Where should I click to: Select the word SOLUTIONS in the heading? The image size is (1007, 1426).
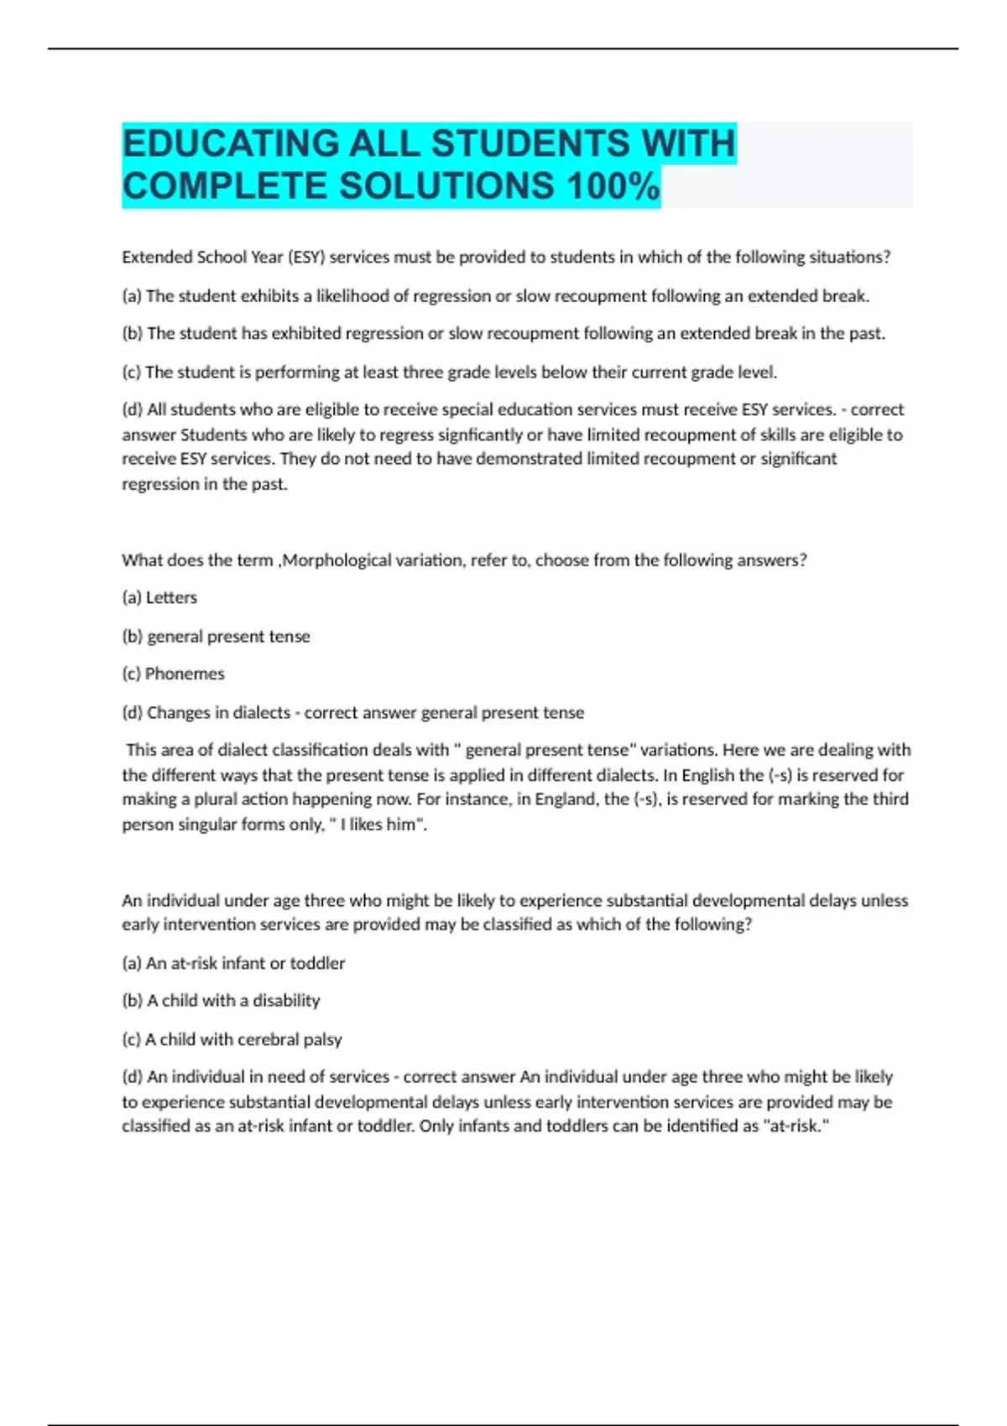(x=446, y=186)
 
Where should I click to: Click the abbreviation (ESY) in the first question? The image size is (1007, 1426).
(x=305, y=258)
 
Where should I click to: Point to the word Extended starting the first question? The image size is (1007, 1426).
(x=157, y=258)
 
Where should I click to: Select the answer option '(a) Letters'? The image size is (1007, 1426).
(x=159, y=598)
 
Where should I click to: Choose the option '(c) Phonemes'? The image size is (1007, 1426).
(x=173, y=674)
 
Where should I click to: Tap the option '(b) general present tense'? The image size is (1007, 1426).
(x=216, y=637)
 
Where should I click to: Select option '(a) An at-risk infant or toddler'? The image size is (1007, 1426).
(x=233, y=964)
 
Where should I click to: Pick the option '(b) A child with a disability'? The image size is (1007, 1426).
(x=221, y=1001)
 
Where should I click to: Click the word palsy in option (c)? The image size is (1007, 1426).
(x=322, y=1039)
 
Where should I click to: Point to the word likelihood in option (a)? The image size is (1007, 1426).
(x=350, y=296)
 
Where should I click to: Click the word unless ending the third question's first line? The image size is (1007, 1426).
(x=884, y=901)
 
